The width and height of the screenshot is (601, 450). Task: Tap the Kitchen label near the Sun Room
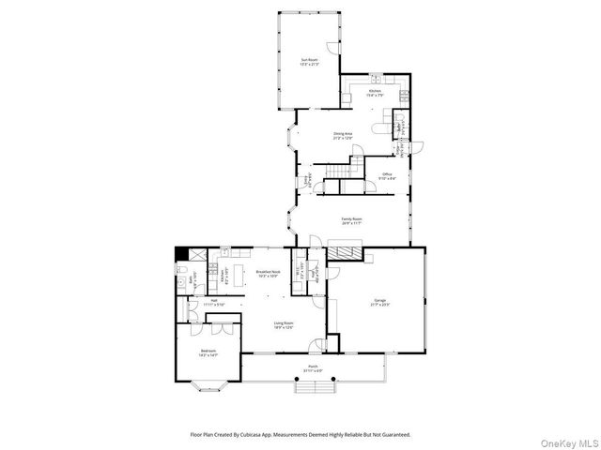point(375,92)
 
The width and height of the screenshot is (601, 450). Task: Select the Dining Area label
point(343,136)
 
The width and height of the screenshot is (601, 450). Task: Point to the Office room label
point(387,175)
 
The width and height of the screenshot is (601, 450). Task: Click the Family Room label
point(352,221)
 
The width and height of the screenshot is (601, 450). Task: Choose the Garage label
point(380,303)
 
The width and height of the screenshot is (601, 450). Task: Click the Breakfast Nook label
point(269,274)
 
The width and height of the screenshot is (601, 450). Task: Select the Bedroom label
point(208,353)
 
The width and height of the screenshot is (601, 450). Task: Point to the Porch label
point(313,368)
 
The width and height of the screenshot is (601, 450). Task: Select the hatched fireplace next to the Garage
point(346,252)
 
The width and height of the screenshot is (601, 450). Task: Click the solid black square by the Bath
point(181,252)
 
